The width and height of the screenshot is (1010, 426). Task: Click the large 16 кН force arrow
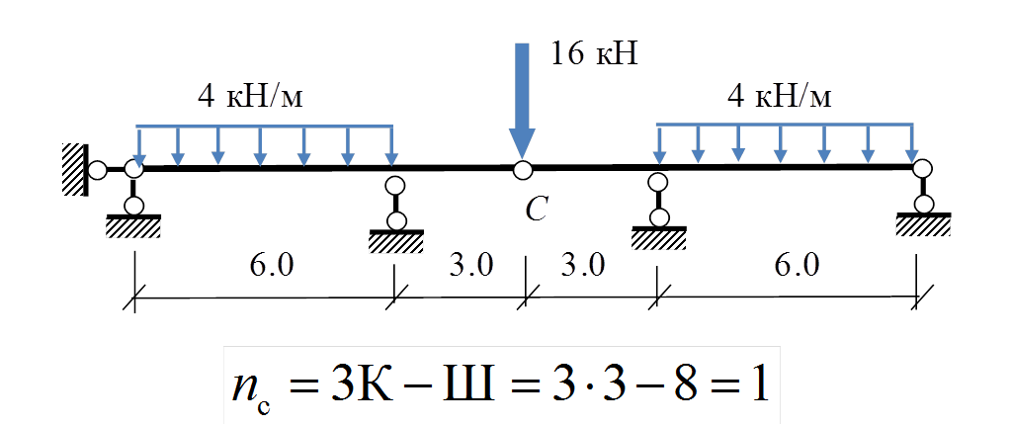(x=521, y=99)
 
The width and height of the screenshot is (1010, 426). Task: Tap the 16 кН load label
(x=594, y=51)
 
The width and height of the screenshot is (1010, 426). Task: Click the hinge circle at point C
(x=522, y=170)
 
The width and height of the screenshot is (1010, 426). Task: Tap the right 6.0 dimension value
(x=798, y=266)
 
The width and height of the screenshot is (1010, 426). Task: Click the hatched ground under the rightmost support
(x=924, y=227)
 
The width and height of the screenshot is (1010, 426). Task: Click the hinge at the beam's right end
(x=922, y=169)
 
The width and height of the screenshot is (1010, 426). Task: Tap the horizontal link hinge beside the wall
(x=97, y=170)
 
